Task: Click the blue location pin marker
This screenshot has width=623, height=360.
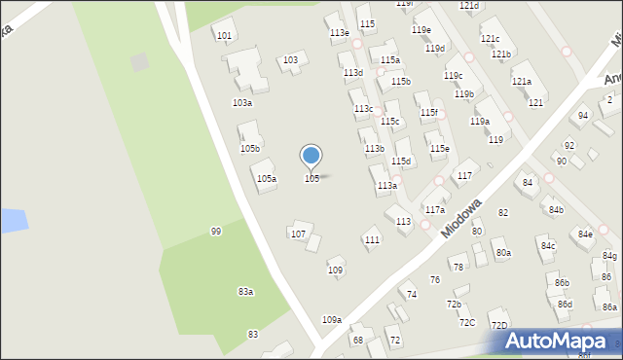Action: click(311, 156)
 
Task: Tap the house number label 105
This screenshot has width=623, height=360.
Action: click(311, 178)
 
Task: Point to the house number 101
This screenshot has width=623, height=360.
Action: click(224, 35)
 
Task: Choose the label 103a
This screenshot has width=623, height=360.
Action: click(241, 102)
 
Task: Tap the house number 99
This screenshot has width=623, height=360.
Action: click(215, 231)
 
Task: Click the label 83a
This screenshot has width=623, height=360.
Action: click(245, 291)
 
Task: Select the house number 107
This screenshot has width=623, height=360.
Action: click(298, 234)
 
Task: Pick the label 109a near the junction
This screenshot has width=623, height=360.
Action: click(332, 319)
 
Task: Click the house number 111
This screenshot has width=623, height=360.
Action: click(371, 239)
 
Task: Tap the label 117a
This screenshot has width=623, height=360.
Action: click(434, 209)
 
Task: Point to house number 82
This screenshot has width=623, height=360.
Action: click(503, 212)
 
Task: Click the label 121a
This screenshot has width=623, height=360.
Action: click(522, 81)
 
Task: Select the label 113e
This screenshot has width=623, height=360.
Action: click(339, 33)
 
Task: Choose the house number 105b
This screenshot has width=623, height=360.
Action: click(250, 148)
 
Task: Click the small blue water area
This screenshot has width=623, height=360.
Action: click(11, 220)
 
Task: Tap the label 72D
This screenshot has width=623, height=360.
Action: click(498, 325)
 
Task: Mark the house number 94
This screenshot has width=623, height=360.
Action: click(582, 115)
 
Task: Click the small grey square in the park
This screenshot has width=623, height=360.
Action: click(140, 62)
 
